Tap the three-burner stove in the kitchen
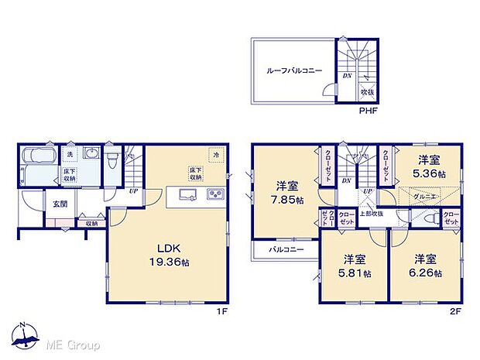213,194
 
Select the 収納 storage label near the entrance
92,223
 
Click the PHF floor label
368,111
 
